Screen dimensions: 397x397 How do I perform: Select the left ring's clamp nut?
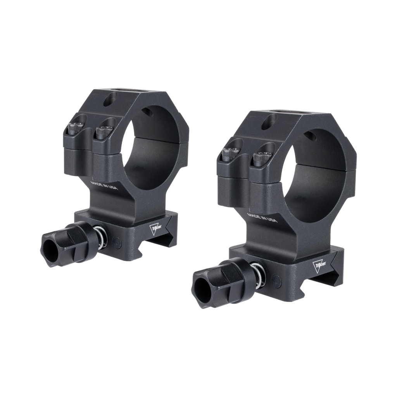64,238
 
